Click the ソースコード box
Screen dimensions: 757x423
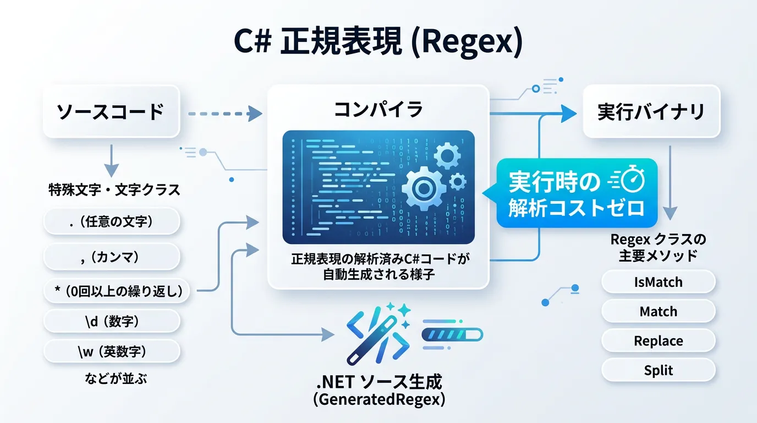111,111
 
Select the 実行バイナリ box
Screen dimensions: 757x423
651,111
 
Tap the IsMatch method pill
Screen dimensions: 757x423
658,282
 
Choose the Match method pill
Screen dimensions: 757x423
658,311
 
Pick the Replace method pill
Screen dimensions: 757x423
658,341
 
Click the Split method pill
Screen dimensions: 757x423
658,370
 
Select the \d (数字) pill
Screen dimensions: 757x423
112,321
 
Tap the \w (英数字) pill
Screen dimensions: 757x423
112,351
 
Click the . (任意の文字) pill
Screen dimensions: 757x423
112,221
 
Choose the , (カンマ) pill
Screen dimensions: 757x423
112,257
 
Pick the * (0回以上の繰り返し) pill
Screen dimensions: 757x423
117,291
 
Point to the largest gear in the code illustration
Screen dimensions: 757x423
423,188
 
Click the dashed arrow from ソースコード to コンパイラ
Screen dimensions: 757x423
225,113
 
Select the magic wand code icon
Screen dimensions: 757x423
378,333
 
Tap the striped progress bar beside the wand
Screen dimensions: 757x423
452,335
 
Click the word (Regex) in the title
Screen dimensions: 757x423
467,42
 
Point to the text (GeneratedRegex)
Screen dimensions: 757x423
379,400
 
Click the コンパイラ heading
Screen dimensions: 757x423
378,109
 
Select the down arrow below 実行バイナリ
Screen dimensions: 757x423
670,183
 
